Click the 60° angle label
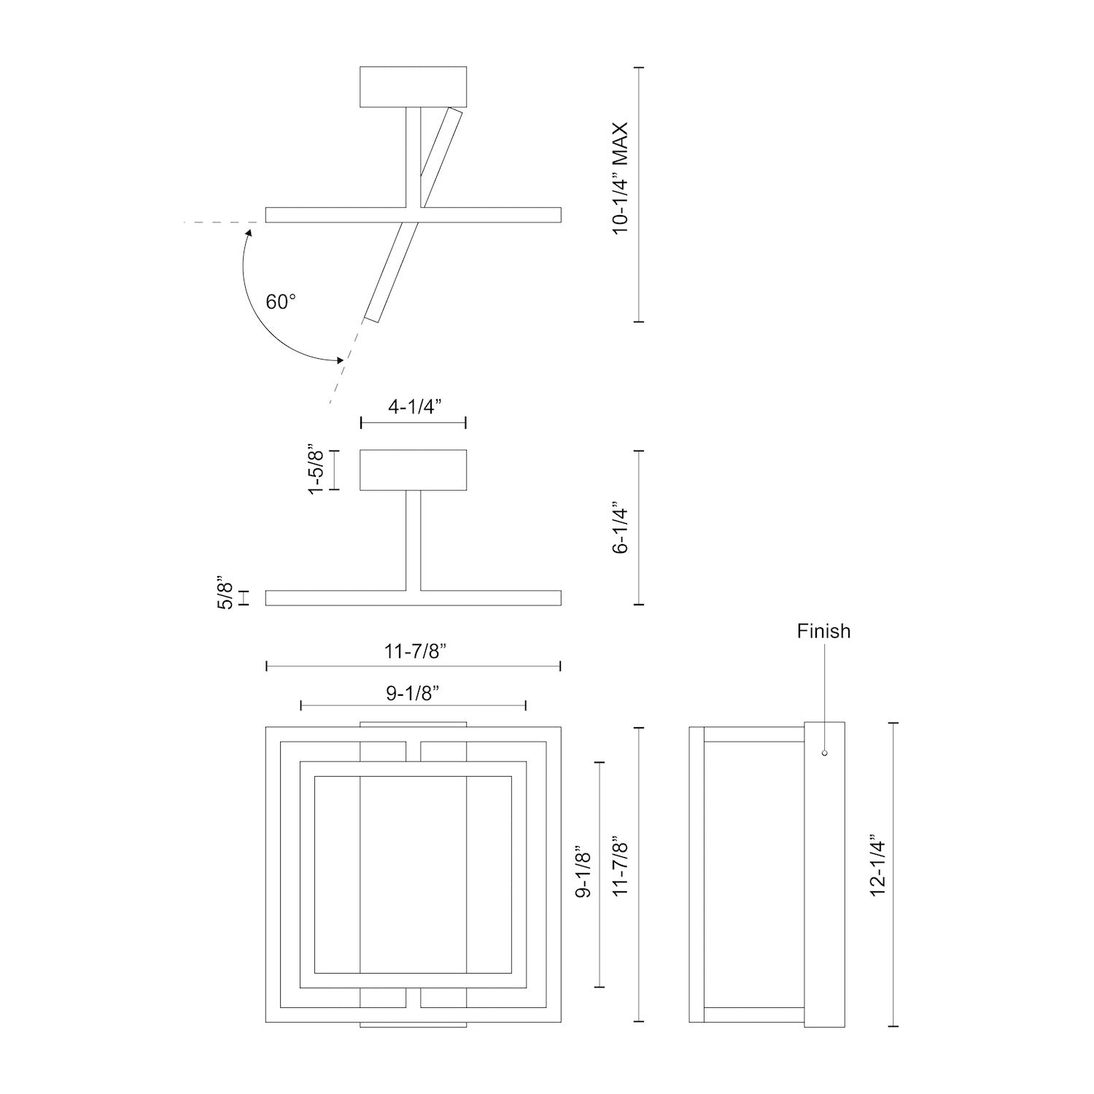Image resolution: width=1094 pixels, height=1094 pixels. pos(281,301)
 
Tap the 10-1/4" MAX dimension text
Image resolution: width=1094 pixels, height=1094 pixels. pos(621,178)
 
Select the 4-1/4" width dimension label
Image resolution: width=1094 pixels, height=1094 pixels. pos(412,407)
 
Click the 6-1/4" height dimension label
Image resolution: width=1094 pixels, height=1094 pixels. pos(621,527)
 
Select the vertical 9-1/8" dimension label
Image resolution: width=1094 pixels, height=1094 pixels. pos(583,872)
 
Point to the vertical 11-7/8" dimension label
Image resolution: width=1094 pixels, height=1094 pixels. pos(621,866)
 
